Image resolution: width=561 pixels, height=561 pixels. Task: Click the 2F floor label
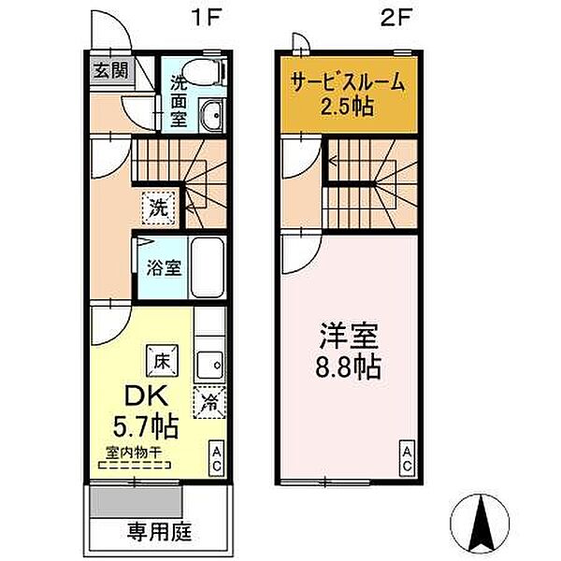click(x=396, y=18)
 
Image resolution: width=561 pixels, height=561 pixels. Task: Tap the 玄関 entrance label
click(x=111, y=70)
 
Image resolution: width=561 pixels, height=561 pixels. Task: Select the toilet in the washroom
click(x=205, y=72)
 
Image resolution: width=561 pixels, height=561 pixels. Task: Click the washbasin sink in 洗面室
click(x=212, y=115)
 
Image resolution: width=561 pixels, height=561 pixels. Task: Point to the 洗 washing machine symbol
click(x=159, y=208)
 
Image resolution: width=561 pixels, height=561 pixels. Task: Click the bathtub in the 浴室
click(x=208, y=266)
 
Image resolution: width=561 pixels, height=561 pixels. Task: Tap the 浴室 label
click(x=164, y=267)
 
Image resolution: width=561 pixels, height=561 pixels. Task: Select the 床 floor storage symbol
click(x=162, y=361)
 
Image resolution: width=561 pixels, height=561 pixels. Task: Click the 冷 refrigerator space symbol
click(x=209, y=402)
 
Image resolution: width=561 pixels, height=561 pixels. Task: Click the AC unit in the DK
click(x=217, y=458)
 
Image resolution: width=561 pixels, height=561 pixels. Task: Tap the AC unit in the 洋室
click(x=407, y=458)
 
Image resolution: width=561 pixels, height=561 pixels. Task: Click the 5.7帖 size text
click(x=146, y=425)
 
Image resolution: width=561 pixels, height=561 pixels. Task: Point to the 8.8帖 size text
click(x=348, y=367)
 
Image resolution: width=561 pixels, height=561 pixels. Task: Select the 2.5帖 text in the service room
click(x=347, y=107)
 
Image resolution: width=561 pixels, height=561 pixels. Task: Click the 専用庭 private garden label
click(x=160, y=532)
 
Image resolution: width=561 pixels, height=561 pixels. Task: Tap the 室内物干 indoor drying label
click(x=134, y=453)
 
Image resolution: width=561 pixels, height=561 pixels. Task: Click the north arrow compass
click(x=480, y=523)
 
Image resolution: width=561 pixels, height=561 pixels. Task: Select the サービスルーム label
click(x=348, y=82)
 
